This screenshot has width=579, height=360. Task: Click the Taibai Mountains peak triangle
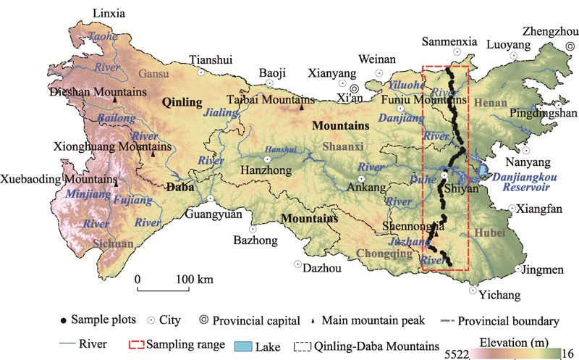(302, 108)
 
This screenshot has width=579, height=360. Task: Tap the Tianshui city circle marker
(201, 72)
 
